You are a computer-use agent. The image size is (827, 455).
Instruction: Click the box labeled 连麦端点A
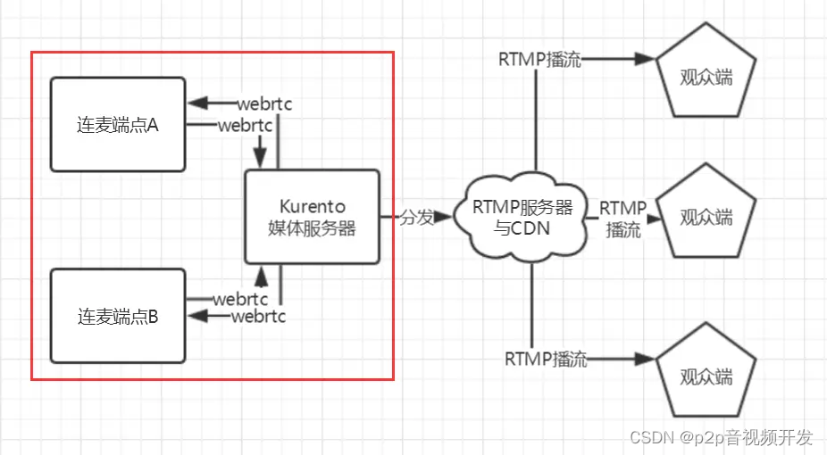coord(118,124)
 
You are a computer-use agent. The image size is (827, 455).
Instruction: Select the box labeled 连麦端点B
coord(118,316)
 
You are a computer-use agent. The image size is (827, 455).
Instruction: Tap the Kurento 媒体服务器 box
coord(313,217)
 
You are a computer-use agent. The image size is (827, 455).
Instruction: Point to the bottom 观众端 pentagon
coord(706,375)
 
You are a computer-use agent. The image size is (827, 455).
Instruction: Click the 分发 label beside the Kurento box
coord(415,217)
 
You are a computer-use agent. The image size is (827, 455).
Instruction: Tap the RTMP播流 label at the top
coord(539,60)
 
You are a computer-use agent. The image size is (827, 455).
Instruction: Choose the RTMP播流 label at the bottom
coord(546,360)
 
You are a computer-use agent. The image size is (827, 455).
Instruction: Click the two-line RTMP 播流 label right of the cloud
coord(622,219)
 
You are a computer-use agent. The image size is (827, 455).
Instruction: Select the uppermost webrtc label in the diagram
coord(264,104)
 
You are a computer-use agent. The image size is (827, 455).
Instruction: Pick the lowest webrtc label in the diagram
coord(258,317)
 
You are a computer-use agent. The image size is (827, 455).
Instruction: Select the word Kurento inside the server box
coord(313,207)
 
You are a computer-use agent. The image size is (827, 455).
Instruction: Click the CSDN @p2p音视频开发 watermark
coord(722,437)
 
